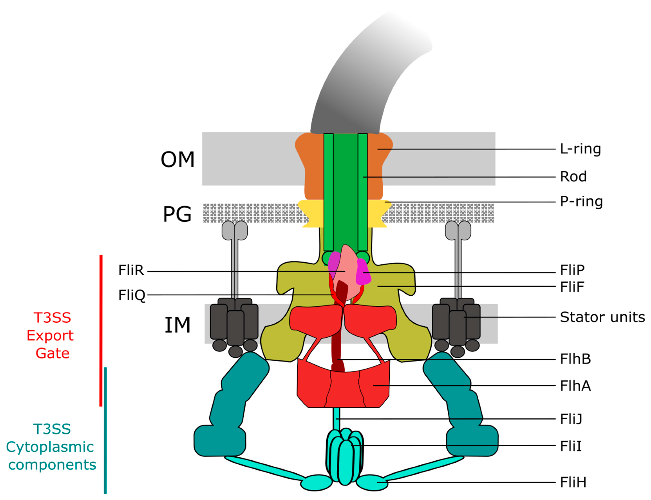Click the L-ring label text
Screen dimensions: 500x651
coord(580,149)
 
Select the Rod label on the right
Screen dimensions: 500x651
coord(573,177)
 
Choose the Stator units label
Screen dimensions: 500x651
coord(602,317)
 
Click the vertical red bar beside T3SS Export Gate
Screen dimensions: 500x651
coord(101,330)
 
